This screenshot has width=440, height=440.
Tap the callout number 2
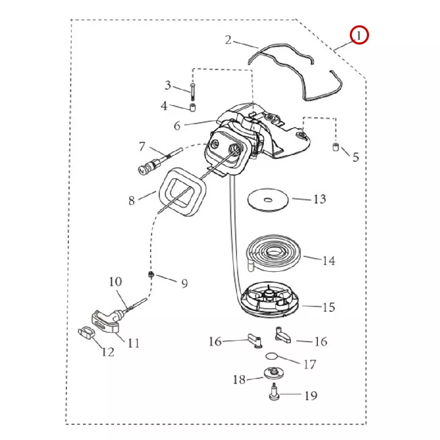point(229,40)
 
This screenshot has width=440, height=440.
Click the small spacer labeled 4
point(193,106)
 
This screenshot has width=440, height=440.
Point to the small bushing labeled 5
point(334,147)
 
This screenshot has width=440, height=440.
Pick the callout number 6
point(177,125)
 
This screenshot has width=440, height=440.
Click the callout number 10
point(115,282)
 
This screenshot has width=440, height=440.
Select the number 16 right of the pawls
point(320,342)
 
